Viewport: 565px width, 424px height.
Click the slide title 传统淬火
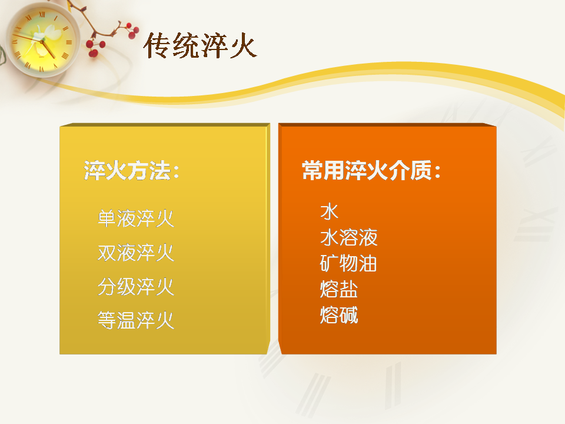(200, 45)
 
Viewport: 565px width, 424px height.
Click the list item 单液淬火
(136, 218)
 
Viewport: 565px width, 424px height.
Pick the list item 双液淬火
(136, 253)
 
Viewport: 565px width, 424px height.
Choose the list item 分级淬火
(136, 287)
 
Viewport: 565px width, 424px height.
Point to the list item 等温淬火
(136, 320)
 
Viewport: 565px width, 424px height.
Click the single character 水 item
(330, 211)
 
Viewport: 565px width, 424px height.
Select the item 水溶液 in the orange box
(349, 237)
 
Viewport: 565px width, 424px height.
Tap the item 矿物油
(348, 263)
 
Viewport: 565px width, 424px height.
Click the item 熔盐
(339, 289)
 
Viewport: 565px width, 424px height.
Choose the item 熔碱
(339, 314)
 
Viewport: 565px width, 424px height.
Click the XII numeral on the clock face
(42, 14)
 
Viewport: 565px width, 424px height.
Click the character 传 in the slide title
(157, 45)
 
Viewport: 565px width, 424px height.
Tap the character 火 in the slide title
(243, 45)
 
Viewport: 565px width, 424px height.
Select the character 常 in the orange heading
(313, 170)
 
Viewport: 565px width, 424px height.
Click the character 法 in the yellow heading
(160, 170)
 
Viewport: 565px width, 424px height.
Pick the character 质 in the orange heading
(421, 170)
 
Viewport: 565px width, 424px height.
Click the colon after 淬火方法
(176, 171)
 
